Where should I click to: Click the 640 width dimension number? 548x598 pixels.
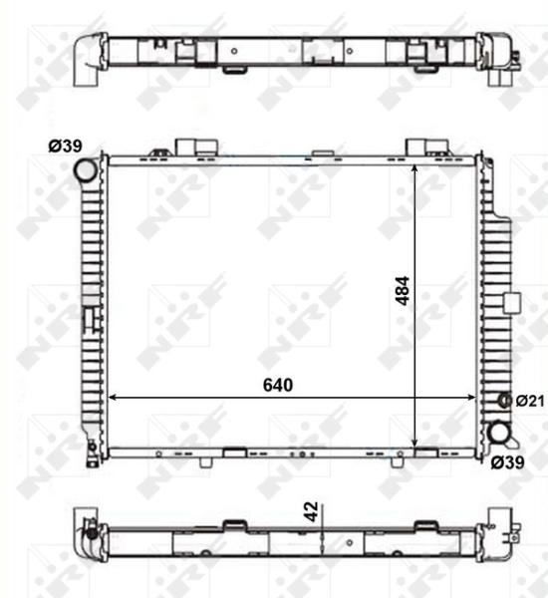278,385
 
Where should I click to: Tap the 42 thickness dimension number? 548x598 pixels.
311,511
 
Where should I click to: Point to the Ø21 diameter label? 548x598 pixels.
530,401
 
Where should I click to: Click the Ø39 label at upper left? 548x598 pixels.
65,147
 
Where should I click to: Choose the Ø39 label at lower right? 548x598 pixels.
508,461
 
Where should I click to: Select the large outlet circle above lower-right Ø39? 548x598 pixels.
500,434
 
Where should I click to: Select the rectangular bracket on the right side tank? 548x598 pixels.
512,305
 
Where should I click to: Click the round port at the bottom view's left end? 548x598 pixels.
91,545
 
